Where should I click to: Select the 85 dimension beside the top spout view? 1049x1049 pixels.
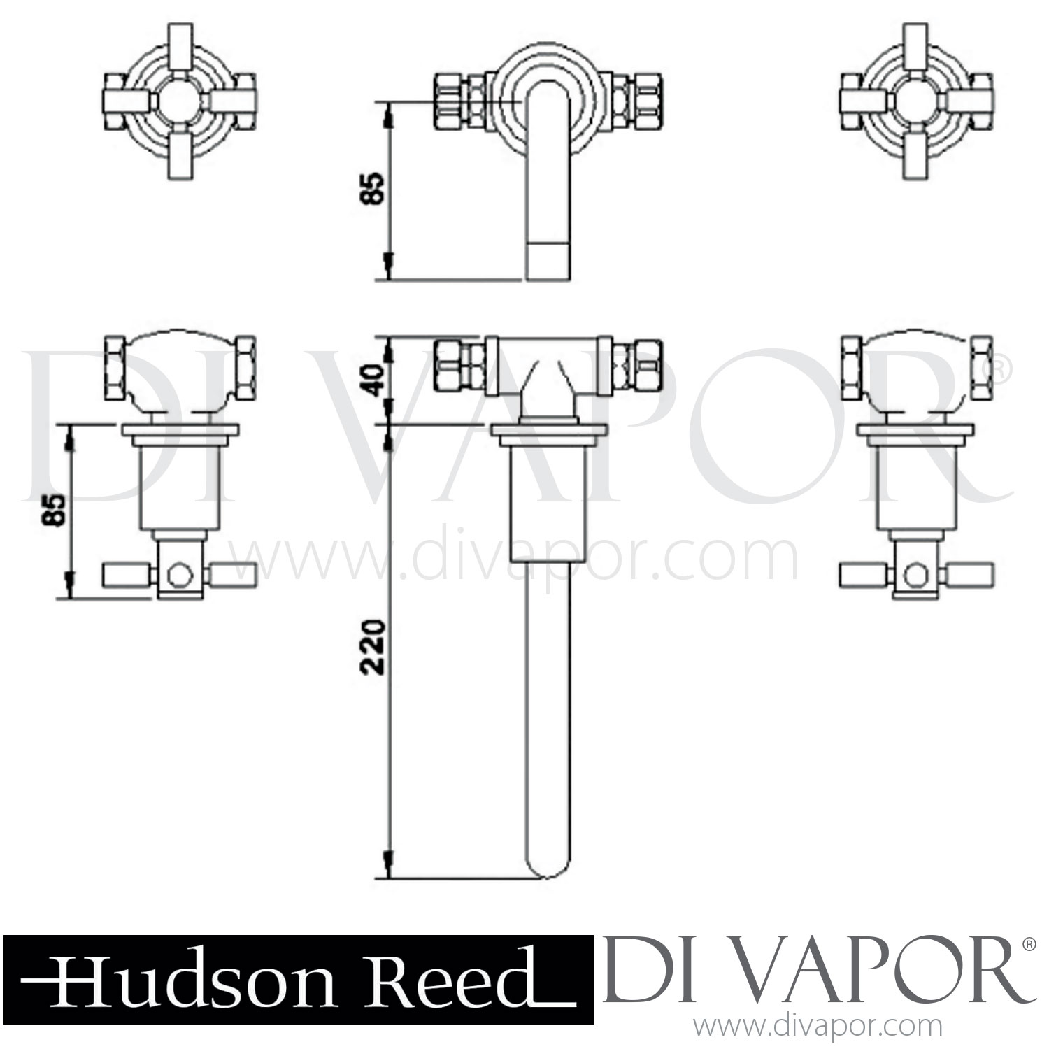click(375, 187)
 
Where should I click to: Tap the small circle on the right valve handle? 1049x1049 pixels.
click(913, 575)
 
